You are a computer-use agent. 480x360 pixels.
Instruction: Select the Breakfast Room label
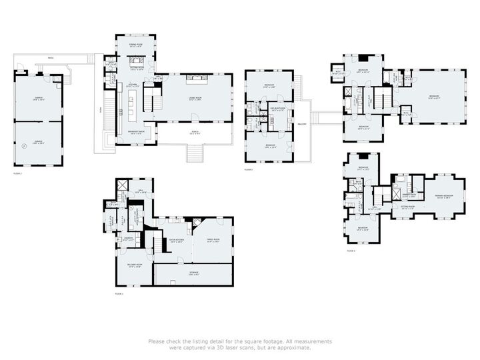135,132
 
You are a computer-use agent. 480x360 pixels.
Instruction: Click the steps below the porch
195,157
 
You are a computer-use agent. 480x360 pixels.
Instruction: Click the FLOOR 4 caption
351,251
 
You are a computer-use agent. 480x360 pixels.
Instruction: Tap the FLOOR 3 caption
249,170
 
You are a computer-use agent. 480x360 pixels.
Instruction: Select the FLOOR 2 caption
18,173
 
